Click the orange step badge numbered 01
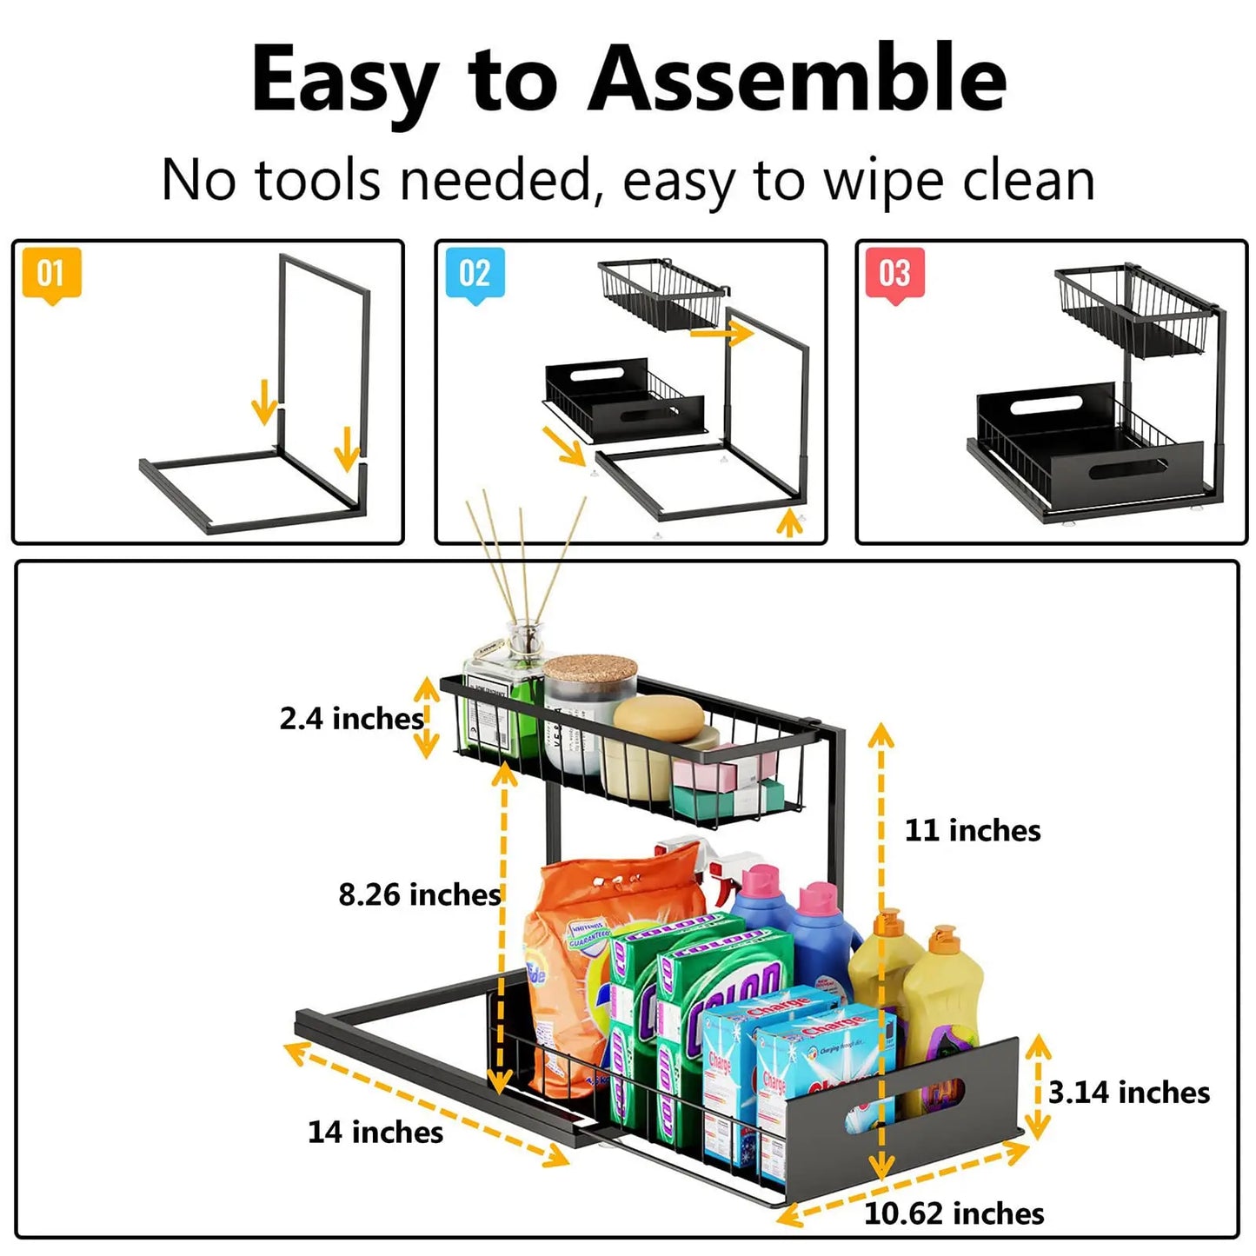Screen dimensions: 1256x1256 [x=51, y=274]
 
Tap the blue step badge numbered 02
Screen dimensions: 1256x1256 [x=475, y=274]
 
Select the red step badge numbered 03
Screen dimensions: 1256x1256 [x=894, y=274]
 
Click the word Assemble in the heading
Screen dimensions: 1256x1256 [x=797, y=80]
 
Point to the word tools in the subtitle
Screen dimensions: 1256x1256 [x=317, y=181]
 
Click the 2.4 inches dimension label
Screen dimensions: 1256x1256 [x=351, y=719]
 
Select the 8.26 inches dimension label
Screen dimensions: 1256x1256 [x=420, y=894]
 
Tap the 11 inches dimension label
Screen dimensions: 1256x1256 [x=973, y=830]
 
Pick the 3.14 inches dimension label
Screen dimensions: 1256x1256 [x=1128, y=1093]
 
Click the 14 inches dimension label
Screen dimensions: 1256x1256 [x=375, y=1132]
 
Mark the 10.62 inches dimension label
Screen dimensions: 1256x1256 [x=954, y=1213]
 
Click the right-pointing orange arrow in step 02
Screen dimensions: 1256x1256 [x=721, y=332]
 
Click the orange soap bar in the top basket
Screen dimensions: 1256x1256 [x=659, y=720]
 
